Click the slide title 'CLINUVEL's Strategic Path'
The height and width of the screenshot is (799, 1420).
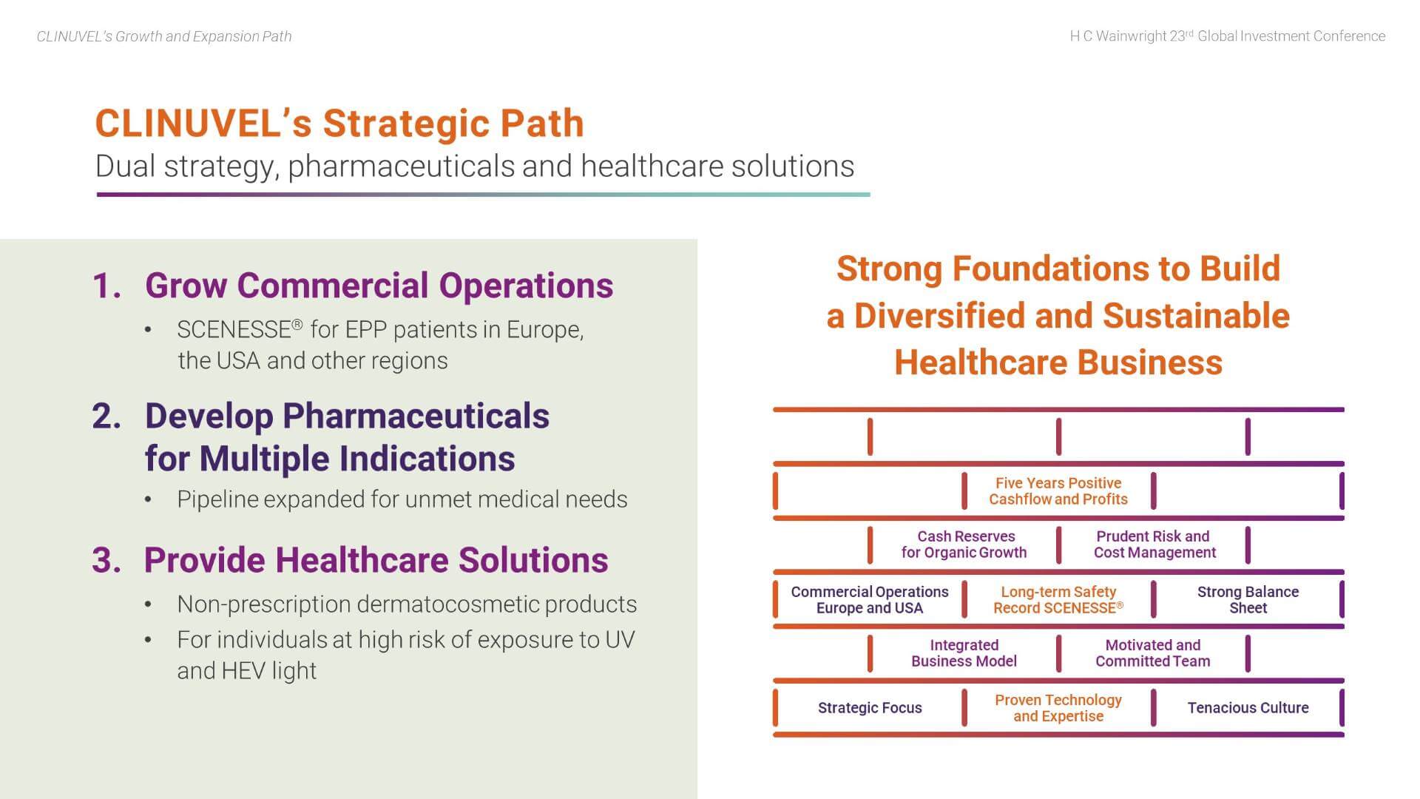(x=339, y=123)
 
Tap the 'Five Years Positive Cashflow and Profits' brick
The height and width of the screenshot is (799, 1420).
(x=1058, y=491)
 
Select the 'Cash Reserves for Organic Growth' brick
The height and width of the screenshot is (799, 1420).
(x=964, y=545)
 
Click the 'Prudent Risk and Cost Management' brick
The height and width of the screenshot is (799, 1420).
(x=1154, y=545)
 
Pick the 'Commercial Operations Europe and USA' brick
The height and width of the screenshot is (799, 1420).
(x=869, y=599)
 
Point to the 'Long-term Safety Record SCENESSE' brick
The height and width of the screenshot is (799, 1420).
(x=1058, y=599)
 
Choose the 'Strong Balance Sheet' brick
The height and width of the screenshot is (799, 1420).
(x=1248, y=599)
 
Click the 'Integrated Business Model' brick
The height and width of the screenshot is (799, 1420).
(x=964, y=653)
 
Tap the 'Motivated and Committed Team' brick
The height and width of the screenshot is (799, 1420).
(x=1153, y=653)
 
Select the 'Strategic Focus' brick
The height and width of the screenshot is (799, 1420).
(x=869, y=708)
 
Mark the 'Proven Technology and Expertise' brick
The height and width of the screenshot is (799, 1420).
(x=1058, y=708)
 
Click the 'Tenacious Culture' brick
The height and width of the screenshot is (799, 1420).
(x=1248, y=708)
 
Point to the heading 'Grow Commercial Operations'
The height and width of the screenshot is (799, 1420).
(x=379, y=286)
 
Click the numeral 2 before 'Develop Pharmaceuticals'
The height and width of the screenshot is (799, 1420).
(x=106, y=417)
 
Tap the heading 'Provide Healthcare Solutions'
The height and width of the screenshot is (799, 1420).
(x=376, y=560)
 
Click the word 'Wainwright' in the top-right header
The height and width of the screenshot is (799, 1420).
(x=1131, y=36)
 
